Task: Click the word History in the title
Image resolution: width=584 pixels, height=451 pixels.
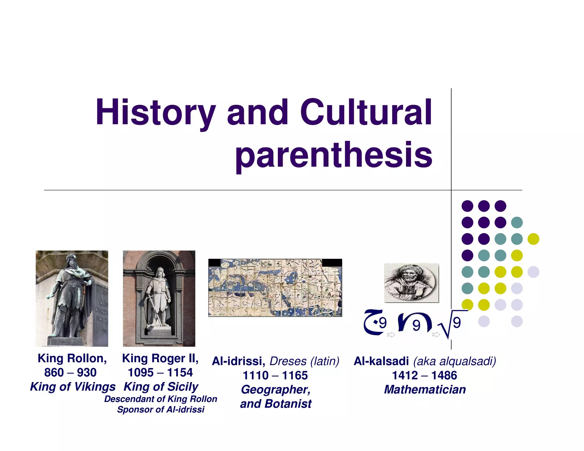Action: tap(155, 113)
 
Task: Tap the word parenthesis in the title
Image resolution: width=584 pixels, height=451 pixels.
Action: tap(334, 155)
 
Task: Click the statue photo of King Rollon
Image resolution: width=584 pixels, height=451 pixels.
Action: tap(72, 298)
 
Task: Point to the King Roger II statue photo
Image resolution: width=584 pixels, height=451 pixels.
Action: tap(159, 298)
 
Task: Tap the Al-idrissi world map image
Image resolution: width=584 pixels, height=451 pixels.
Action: tap(275, 288)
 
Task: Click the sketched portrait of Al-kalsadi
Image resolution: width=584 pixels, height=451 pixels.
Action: tap(411, 283)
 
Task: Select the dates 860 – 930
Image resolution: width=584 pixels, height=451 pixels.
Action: tap(70, 372)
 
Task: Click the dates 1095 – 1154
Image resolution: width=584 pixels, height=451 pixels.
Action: tap(160, 372)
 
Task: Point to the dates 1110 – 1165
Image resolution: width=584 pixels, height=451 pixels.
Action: tap(275, 375)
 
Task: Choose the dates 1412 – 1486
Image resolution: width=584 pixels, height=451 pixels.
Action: tap(424, 375)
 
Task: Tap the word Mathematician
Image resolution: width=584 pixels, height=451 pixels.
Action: tap(425, 389)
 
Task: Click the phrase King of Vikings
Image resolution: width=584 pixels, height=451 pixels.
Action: tap(73, 387)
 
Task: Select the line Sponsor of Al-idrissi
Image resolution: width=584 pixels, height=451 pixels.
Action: tap(161, 409)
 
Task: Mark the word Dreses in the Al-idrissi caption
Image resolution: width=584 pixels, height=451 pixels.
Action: tap(288, 361)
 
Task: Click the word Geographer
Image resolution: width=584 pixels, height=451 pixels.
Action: tap(275, 389)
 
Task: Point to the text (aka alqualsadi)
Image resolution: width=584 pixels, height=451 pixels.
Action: tap(455, 361)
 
